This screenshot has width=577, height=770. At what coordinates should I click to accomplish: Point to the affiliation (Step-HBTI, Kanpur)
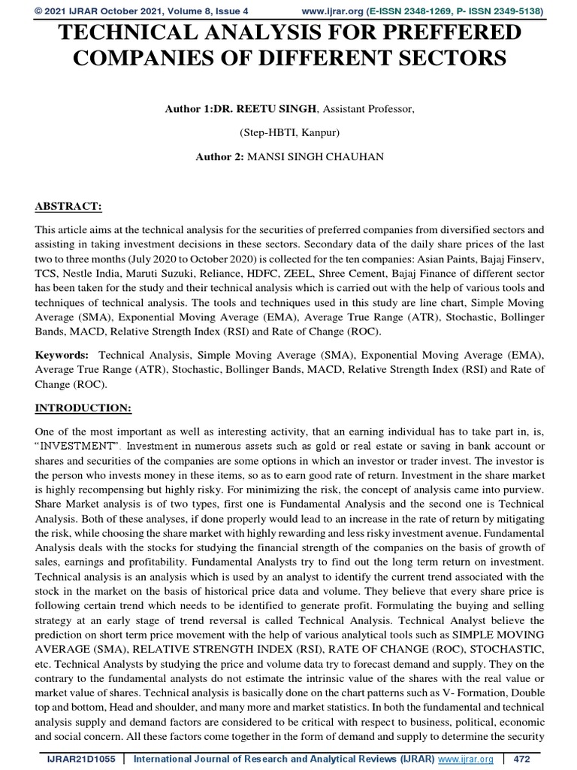click(x=288, y=134)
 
